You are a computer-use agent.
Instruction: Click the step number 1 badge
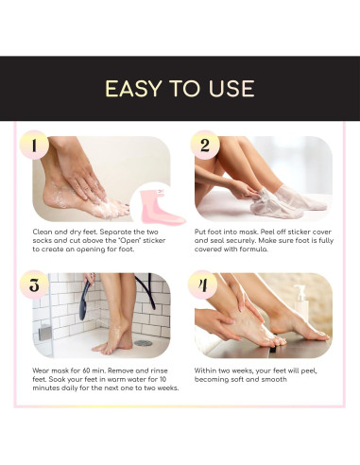click(x=34, y=146)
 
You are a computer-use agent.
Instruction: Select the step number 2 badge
click(x=205, y=146)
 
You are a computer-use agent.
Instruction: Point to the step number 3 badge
click(x=34, y=284)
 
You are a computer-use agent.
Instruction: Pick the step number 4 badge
click(x=202, y=284)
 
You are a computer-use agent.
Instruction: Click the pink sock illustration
click(x=161, y=207)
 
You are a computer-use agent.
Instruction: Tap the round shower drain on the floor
click(x=143, y=343)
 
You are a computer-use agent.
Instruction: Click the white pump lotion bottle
click(x=300, y=302)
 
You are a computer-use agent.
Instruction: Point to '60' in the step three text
click(x=87, y=370)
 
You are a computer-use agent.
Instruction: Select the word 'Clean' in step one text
click(x=43, y=232)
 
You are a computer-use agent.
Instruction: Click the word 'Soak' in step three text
click(x=57, y=379)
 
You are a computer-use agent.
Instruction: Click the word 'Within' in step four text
click(x=205, y=370)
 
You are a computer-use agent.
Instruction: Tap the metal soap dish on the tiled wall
click(x=44, y=333)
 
